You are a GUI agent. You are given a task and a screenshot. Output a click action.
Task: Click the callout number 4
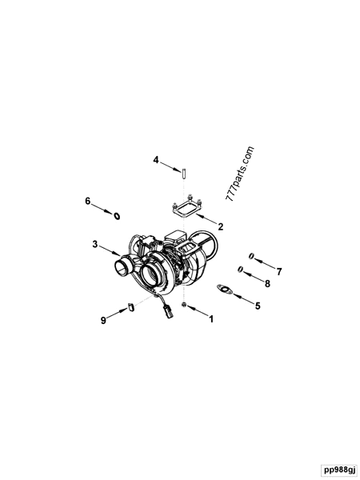coord(157,161)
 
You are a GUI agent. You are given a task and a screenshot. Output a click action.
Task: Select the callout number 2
coord(209,226)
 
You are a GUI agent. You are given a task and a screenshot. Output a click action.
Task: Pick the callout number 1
coord(211,319)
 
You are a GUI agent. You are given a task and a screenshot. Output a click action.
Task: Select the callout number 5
coord(257,306)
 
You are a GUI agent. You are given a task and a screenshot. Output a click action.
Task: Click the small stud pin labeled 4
coord(182,171)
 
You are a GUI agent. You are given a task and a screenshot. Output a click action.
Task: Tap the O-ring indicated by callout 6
coord(118,215)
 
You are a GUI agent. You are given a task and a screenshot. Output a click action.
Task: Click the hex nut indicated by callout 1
coord(184,306)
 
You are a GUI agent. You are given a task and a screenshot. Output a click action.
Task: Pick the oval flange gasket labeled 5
coord(226,290)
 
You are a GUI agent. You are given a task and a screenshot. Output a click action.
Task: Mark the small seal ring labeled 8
coord(240,270)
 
